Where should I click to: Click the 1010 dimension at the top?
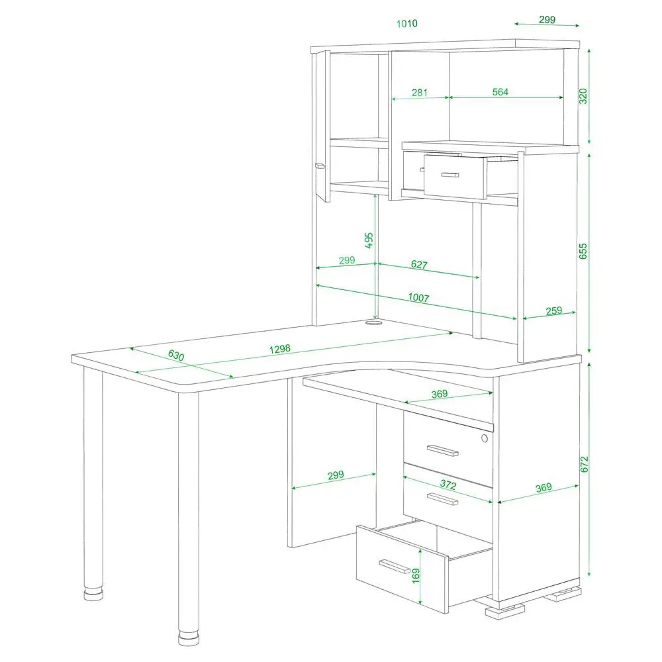click(406, 23)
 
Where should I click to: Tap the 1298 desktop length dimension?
click(280, 349)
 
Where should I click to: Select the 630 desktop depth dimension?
click(176, 355)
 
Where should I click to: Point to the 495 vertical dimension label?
click(369, 240)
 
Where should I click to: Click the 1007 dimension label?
click(418, 298)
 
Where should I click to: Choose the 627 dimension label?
click(419, 264)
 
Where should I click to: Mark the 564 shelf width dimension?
click(500, 92)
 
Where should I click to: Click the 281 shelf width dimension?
click(419, 92)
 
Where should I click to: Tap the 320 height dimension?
click(583, 96)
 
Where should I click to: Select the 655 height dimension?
click(583, 251)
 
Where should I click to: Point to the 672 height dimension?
click(584, 465)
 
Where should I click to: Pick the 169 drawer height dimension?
click(416, 576)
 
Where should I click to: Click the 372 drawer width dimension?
click(448, 485)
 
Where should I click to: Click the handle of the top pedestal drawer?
click(442, 450)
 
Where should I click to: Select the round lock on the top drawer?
click(485, 438)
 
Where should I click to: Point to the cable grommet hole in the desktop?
click(373, 323)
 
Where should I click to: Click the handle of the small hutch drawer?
click(449, 174)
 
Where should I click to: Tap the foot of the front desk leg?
click(188, 638)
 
